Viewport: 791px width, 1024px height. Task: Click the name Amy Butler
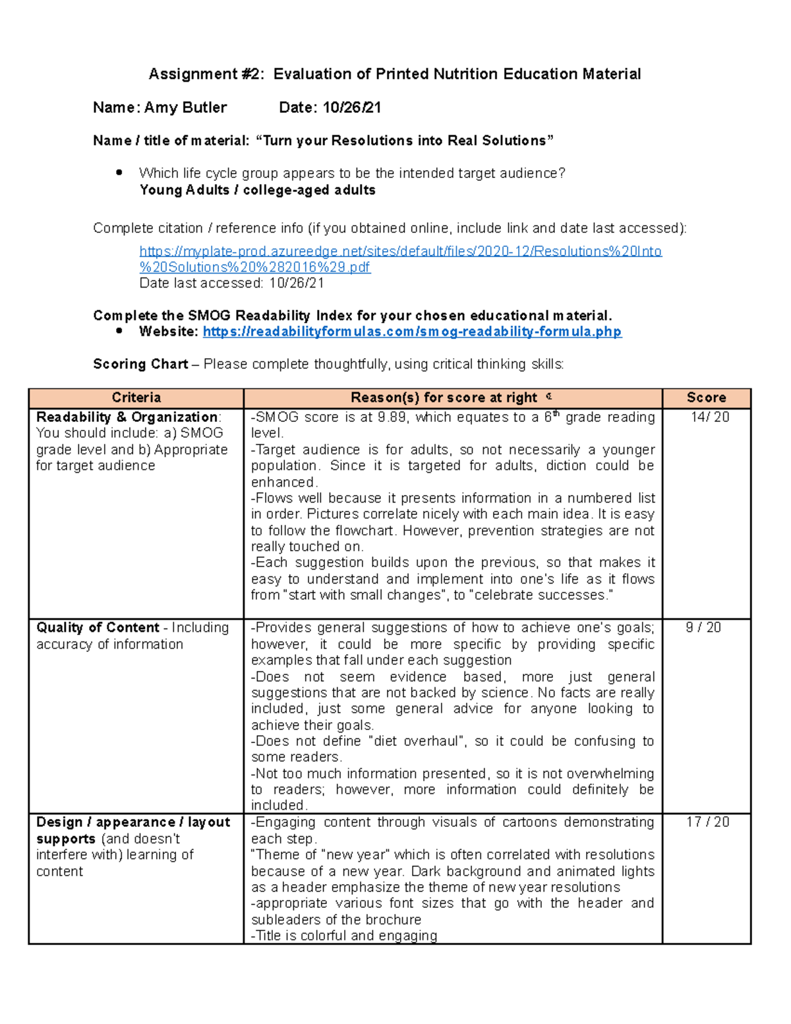click(x=185, y=107)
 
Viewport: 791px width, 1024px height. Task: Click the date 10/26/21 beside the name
click(x=351, y=107)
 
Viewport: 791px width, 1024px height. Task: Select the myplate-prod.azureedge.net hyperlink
click(x=400, y=251)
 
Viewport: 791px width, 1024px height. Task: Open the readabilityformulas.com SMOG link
click(x=412, y=332)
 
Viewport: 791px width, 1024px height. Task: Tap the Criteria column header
click(x=136, y=398)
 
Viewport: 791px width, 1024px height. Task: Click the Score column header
click(x=706, y=398)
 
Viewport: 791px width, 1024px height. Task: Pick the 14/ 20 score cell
click(x=709, y=417)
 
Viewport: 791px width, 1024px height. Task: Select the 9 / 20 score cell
click(x=703, y=628)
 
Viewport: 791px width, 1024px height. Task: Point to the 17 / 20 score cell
click(x=707, y=822)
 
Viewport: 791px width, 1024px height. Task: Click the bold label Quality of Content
click(x=98, y=628)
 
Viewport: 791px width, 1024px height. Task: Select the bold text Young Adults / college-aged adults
click(x=257, y=191)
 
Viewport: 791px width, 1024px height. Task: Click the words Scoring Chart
click(x=140, y=364)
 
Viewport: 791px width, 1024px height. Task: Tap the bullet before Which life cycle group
click(x=119, y=173)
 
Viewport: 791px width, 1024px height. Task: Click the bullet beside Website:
click(x=119, y=331)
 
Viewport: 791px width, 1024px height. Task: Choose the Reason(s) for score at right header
click(x=444, y=398)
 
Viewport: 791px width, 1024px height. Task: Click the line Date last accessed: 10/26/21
click(x=231, y=284)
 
